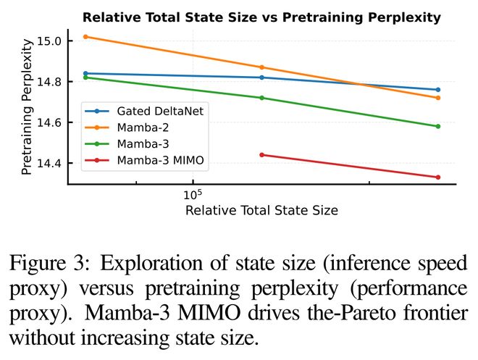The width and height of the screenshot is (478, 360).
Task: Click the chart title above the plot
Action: [261, 17]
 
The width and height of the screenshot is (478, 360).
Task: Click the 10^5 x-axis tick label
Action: [191, 195]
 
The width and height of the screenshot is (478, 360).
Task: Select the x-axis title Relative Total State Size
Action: [261, 211]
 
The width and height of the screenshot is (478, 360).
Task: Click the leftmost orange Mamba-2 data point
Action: [85, 36]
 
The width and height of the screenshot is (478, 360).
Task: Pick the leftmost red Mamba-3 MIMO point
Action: [261, 154]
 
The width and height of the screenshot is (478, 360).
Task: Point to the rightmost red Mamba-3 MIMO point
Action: [438, 177]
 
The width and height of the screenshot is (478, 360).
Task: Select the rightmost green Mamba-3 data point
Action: [438, 126]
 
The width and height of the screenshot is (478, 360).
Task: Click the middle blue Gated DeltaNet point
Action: [261, 78]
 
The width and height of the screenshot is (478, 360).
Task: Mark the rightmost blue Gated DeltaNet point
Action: [438, 90]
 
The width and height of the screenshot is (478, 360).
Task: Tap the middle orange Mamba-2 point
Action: [261, 67]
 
